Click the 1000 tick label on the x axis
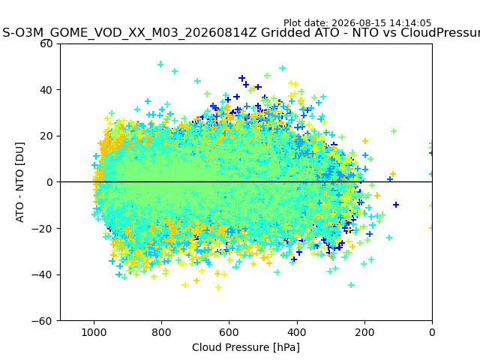pos(94,332)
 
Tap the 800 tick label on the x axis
pos(162,332)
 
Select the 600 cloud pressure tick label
pos(229,332)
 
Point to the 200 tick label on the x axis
pos(364,332)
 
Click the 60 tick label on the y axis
pos(46,43)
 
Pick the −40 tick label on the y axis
pos(42,274)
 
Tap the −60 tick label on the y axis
pos(42,321)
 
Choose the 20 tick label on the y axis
pos(46,136)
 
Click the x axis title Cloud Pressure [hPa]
pos(246,347)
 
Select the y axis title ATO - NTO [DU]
pos(19,182)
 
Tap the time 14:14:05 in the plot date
pos(410,23)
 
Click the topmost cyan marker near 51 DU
pos(160,64)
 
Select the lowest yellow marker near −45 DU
pos(218,287)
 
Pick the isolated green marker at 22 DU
pos(394,131)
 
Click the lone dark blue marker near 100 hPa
pos(396,205)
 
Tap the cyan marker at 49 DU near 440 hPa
pos(283,68)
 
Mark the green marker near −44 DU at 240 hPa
pos(351,285)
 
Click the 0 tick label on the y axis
pos(49,182)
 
